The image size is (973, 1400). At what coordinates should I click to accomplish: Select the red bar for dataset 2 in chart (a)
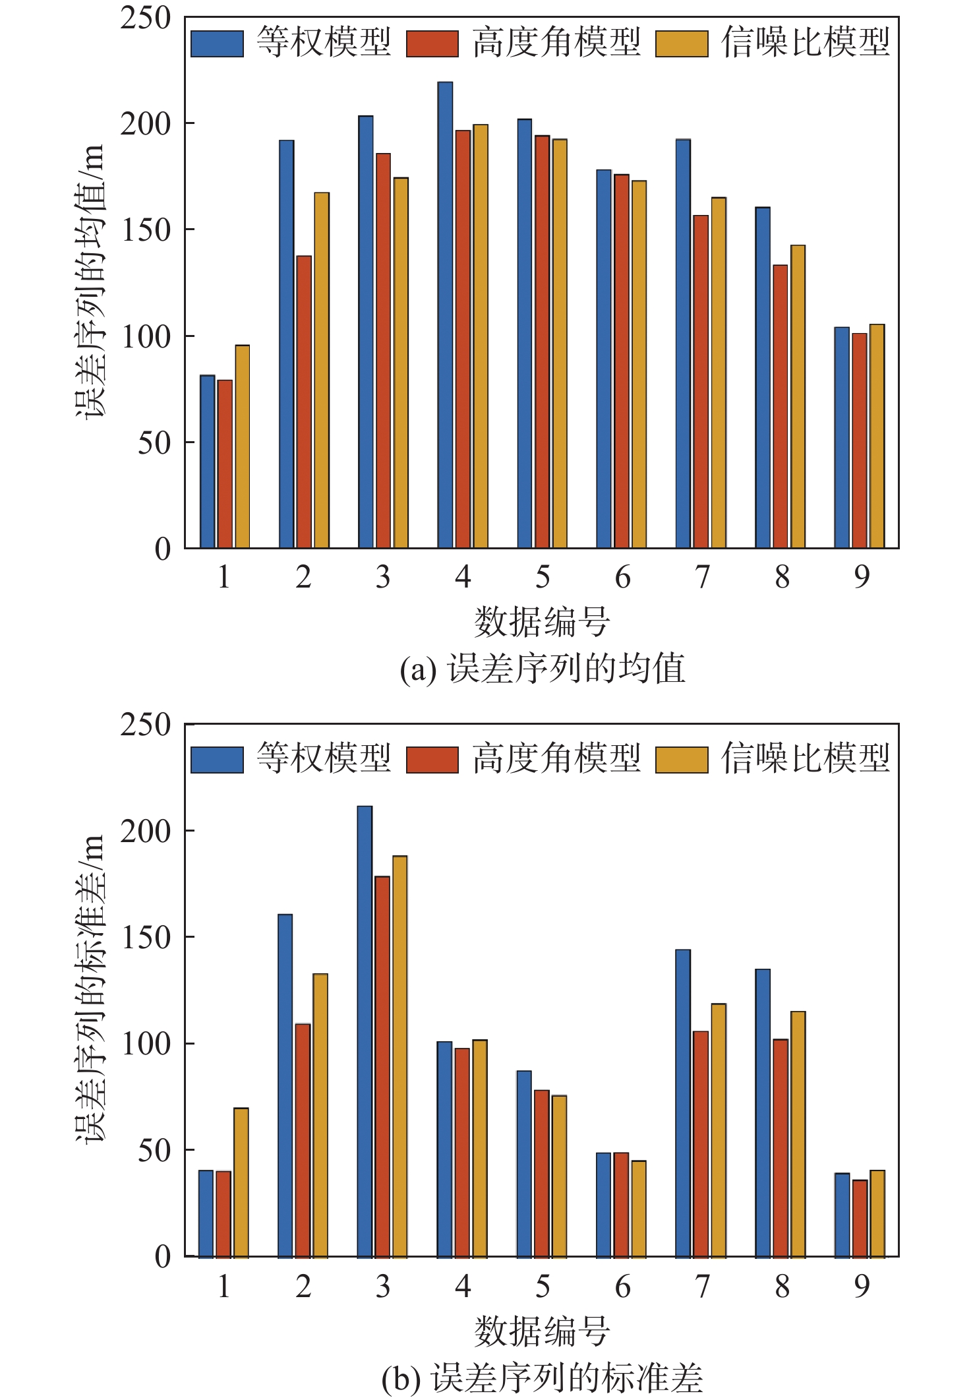(x=304, y=402)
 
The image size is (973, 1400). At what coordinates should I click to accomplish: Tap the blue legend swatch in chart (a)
(x=217, y=44)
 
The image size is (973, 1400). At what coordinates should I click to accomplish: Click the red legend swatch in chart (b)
(x=432, y=759)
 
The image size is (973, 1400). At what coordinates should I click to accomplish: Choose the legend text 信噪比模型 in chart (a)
(x=806, y=42)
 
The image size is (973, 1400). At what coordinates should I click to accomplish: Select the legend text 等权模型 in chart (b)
(x=324, y=758)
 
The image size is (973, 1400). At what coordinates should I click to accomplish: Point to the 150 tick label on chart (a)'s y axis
(x=146, y=230)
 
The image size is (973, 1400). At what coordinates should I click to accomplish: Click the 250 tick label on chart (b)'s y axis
(x=146, y=725)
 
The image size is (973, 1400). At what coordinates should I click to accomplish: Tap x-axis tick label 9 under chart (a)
(x=862, y=578)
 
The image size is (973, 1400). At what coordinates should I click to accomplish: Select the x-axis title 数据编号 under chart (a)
(x=542, y=622)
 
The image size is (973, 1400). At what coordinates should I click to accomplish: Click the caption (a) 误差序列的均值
(x=542, y=669)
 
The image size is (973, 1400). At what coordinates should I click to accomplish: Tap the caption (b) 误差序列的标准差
(x=542, y=1378)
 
